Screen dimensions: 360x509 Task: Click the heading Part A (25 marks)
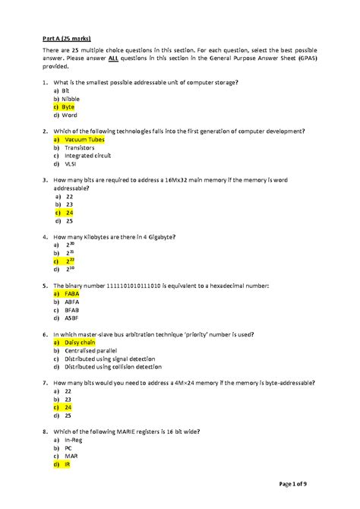pyautogui.click(x=66, y=36)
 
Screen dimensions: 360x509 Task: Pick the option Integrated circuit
pyautogui.click(x=87, y=156)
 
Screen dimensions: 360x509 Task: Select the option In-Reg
pyautogui.click(x=73, y=438)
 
